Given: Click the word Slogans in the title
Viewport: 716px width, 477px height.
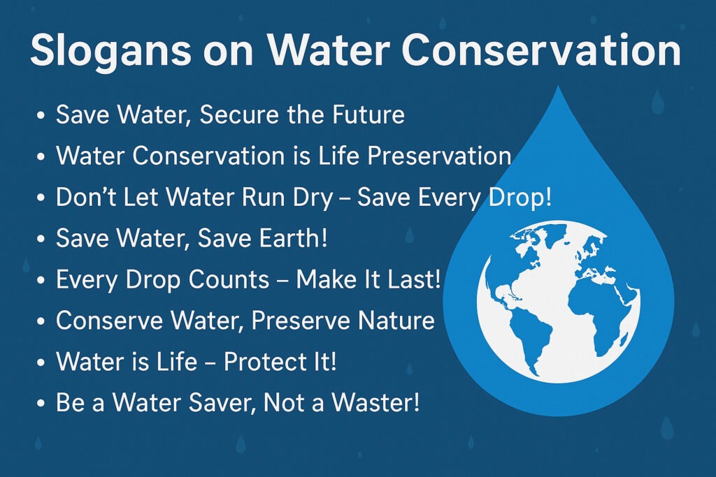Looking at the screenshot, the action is [110, 52].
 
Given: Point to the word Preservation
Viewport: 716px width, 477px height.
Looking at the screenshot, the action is [439, 156].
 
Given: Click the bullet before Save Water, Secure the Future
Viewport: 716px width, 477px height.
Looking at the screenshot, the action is [40, 115].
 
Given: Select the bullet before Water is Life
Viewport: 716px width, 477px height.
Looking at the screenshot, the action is [40, 362].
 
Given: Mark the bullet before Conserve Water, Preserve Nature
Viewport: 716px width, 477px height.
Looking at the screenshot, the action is [40, 321].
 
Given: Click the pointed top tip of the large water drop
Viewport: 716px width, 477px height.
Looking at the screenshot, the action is [558, 85].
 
